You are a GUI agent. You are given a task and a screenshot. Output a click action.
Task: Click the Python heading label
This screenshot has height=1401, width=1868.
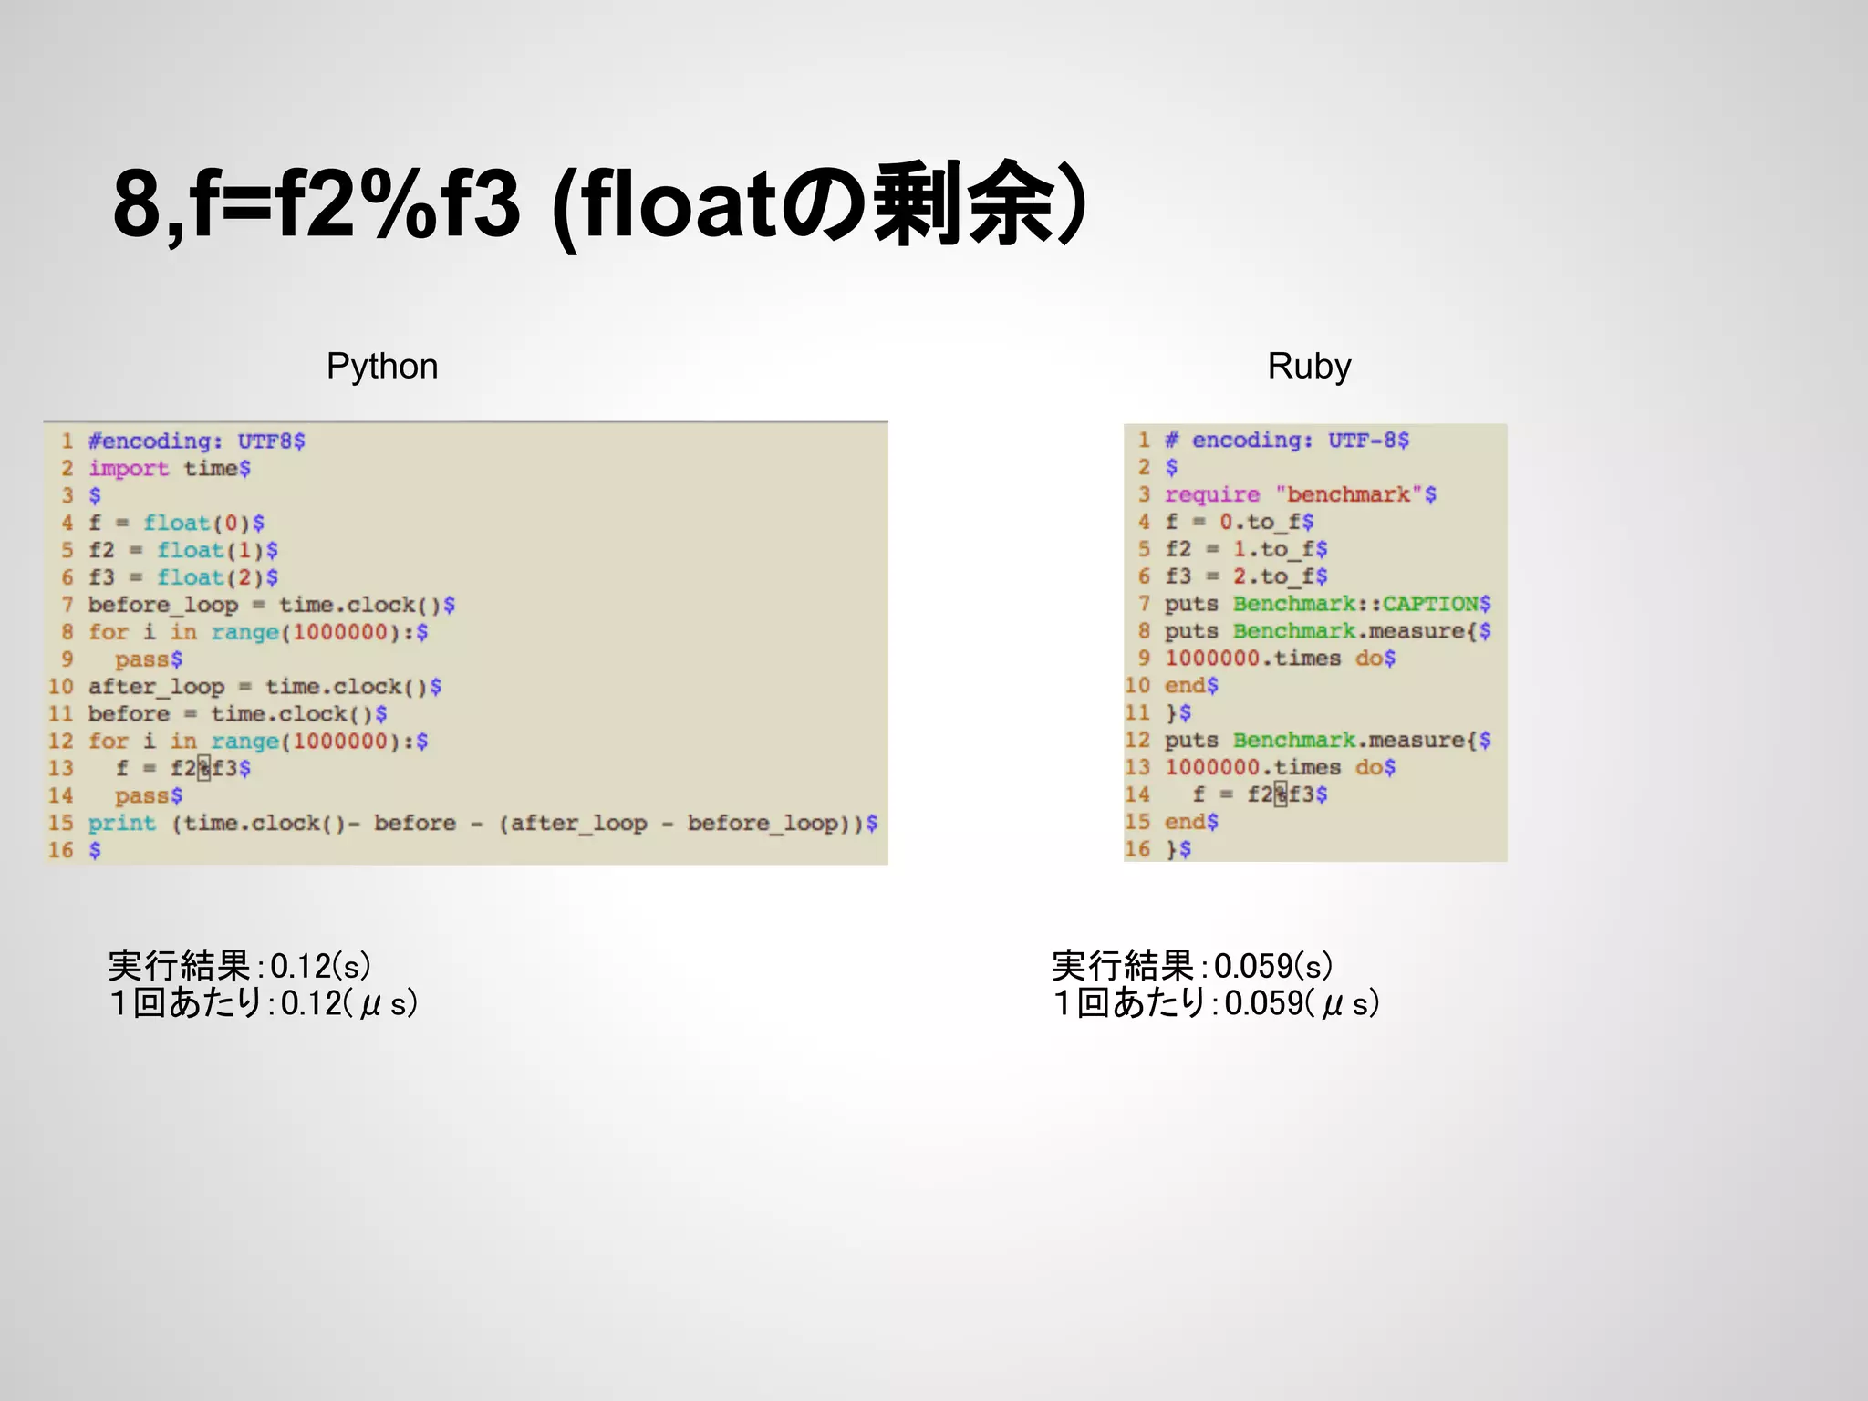(x=382, y=367)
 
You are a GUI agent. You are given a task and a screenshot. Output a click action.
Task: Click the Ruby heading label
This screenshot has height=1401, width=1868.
(x=1309, y=367)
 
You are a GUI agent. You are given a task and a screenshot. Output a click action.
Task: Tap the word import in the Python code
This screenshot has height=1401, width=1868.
(x=129, y=469)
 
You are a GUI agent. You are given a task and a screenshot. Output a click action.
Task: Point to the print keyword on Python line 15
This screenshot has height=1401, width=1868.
(x=121, y=824)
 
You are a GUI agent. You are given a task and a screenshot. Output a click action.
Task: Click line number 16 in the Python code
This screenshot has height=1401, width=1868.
(x=61, y=851)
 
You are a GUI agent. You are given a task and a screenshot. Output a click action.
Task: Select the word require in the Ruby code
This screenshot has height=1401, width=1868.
(x=1211, y=495)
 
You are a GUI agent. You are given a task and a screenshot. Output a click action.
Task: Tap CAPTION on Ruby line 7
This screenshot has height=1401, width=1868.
(x=1429, y=605)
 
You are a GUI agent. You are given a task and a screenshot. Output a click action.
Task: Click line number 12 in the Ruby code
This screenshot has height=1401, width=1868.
(x=1137, y=741)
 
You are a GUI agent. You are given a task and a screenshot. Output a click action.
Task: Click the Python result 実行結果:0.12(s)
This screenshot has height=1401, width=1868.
(x=239, y=966)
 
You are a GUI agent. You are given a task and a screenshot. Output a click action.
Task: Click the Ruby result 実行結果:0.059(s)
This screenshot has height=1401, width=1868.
(x=1191, y=966)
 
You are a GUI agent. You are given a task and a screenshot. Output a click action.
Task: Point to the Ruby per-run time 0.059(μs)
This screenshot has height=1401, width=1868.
(x=1301, y=1003)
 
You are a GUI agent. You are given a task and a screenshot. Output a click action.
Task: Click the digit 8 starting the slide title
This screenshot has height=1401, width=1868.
(x=137, y=204)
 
